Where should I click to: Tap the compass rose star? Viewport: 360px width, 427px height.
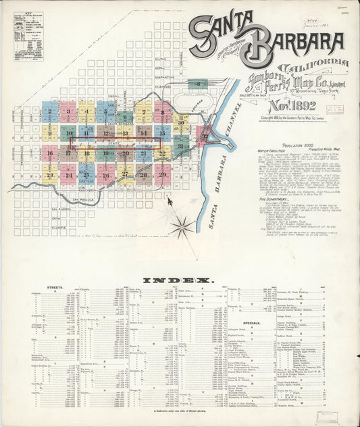point(181,227)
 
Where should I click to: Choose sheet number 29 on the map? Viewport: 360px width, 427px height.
point(162,174)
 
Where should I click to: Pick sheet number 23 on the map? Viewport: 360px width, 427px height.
point(49,175)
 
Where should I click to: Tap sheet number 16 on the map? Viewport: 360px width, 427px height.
point(49,154)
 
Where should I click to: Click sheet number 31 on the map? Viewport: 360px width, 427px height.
point(180,146)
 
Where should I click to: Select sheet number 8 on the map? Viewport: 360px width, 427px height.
point(162,112)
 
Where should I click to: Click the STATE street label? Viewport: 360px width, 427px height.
point(105,143)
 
